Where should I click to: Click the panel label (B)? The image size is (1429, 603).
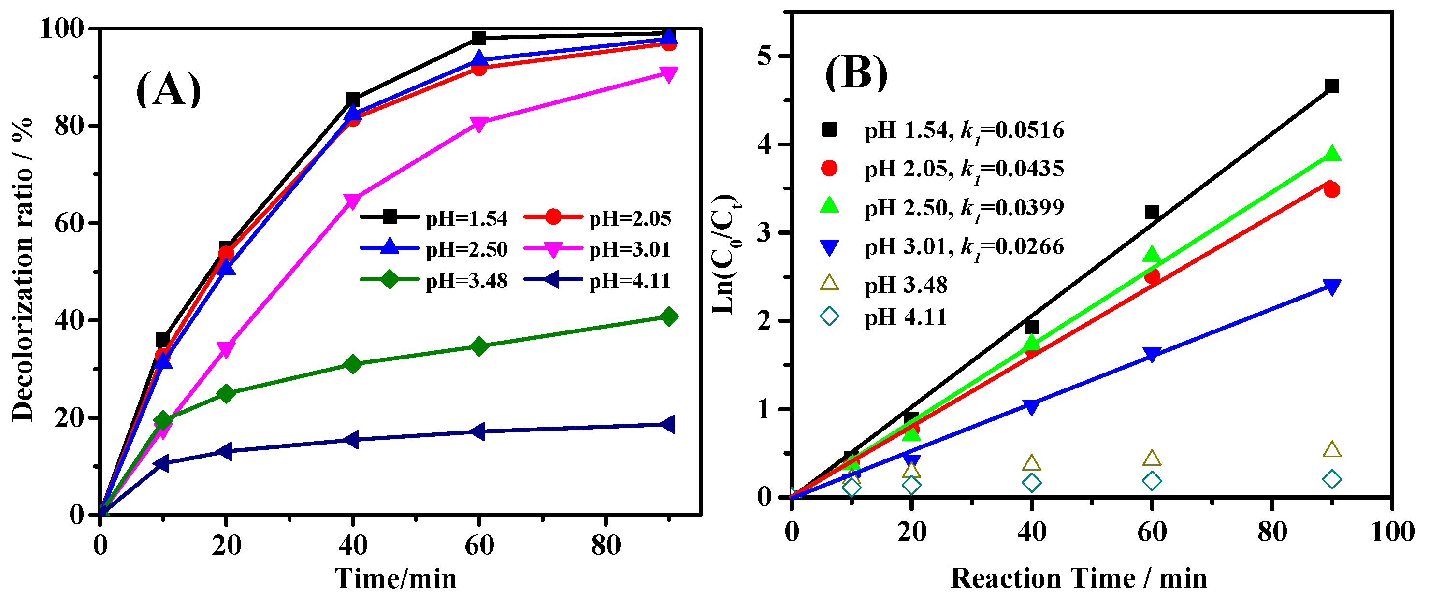[856, 74]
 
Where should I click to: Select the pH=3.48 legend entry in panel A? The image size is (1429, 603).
[434, 281]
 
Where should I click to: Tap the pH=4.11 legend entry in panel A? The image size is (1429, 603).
[597, 281]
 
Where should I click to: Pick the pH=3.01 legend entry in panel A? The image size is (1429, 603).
[597, 250]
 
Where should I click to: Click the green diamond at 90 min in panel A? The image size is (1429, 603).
[668, 317]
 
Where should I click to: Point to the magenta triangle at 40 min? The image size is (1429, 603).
[353, 200]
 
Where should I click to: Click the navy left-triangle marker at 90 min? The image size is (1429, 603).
[667, 424]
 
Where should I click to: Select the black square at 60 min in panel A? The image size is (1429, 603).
[479, 38]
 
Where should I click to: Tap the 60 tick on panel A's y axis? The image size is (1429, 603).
[70, 224]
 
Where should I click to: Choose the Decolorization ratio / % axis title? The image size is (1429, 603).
[23, 270]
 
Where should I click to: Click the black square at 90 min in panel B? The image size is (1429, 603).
[1332, 86]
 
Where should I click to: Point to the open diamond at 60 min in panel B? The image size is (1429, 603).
[1152, 481]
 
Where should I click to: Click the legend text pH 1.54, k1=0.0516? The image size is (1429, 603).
[964, 131]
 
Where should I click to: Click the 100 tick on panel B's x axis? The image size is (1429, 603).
[1392, 532]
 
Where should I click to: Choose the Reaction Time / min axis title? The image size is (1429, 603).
[1079, 578]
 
